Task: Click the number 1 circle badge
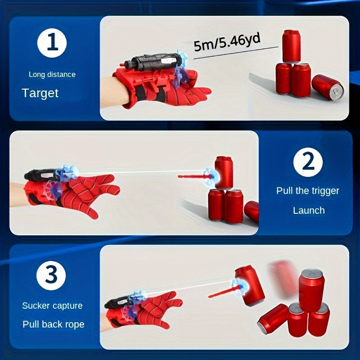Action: click(x=52, y=45)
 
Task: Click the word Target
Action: click(x=40, y=93)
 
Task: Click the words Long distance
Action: click(x=52, y=74)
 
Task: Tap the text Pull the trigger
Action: click(x=308, y=190)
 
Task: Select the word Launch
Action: click(x=309, y=210)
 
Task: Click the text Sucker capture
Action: click(x=52, y=306)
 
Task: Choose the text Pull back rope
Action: click(x=53, y=324)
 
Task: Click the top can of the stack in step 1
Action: click(x=291, y=46)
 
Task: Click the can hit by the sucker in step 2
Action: click(x=224, y=172)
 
